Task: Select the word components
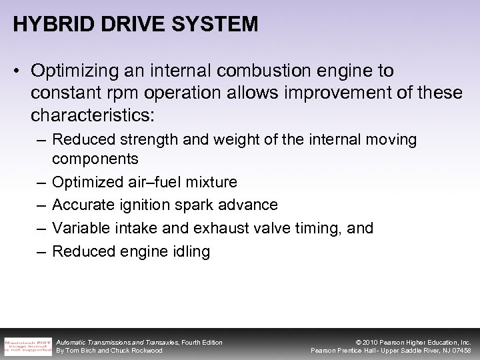click(95, 159)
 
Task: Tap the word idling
click(190, 251)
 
